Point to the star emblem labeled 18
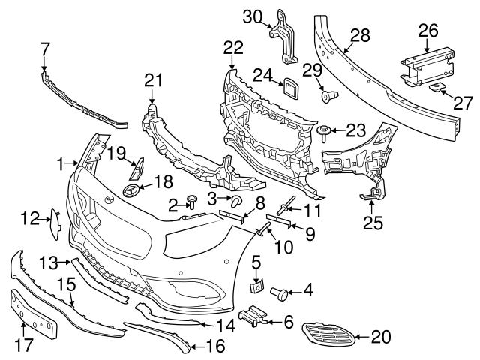(133, 189)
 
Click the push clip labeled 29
(328, 95)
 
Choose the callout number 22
(233, 46)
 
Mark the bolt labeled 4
(280, 292)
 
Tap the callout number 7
(46, 48)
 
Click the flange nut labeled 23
(323, 133)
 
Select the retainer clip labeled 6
(253, 318)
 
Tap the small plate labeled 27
(438, 90)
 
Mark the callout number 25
(370, 222)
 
